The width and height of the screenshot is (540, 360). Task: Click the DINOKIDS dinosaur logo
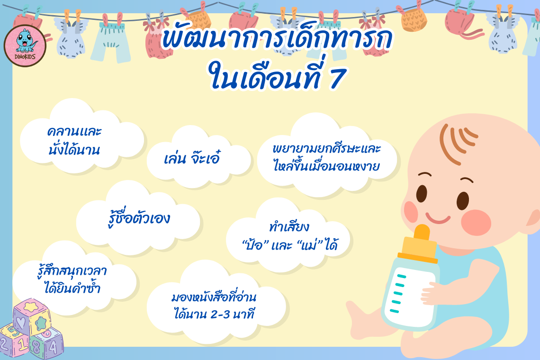(x=25, y=45)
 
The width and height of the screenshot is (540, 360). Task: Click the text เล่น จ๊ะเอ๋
(x=192, y=158)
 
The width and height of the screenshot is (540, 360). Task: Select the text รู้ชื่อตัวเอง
(x=139, y=218)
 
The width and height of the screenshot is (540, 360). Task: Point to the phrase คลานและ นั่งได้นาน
(x=74, y=141)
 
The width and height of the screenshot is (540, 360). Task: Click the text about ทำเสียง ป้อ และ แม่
(x=289, y=236)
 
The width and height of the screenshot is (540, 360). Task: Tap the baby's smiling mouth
(x=438, y=218)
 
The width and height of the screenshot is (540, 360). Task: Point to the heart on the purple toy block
(x=21, y=323)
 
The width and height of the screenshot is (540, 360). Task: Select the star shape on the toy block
(x=41, y=323)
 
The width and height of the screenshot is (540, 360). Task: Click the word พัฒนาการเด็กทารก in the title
(x=277, y=39)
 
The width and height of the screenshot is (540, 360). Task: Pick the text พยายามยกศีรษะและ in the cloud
(x=326, y=148)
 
